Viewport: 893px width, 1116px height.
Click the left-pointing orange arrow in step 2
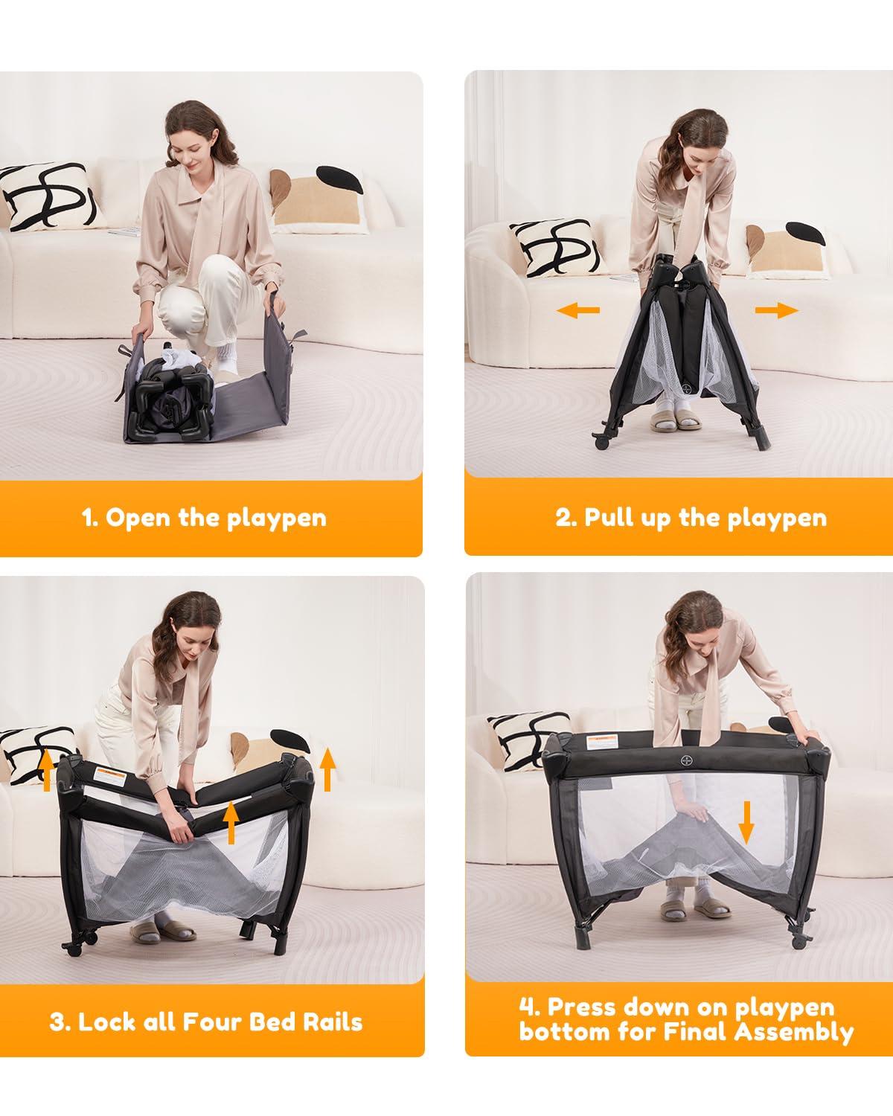point(577,311)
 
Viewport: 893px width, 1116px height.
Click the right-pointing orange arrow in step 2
point(777,311)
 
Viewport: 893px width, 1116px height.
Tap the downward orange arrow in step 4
point(746,822)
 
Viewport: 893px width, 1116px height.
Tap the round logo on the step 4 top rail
point(686,761)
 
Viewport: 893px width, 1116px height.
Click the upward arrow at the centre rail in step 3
point(231,822)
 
